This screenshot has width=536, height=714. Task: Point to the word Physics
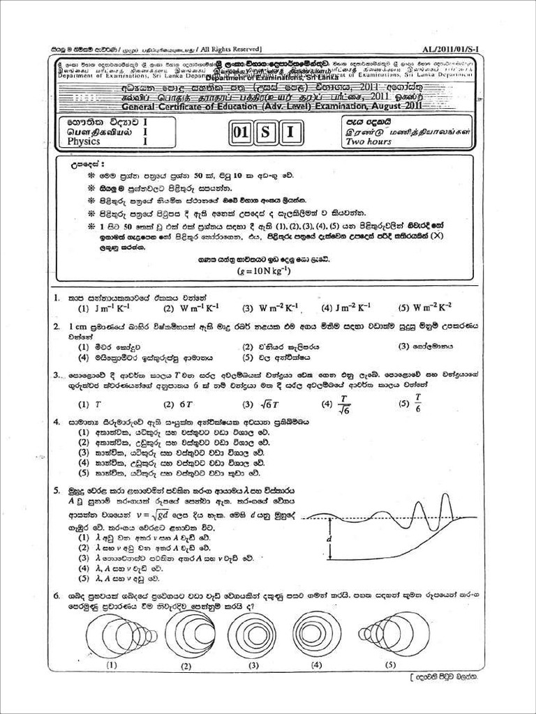(84, 142)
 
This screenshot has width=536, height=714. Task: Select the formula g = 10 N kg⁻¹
(264, 272)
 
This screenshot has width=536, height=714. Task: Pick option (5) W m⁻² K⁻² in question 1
(425, 307)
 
